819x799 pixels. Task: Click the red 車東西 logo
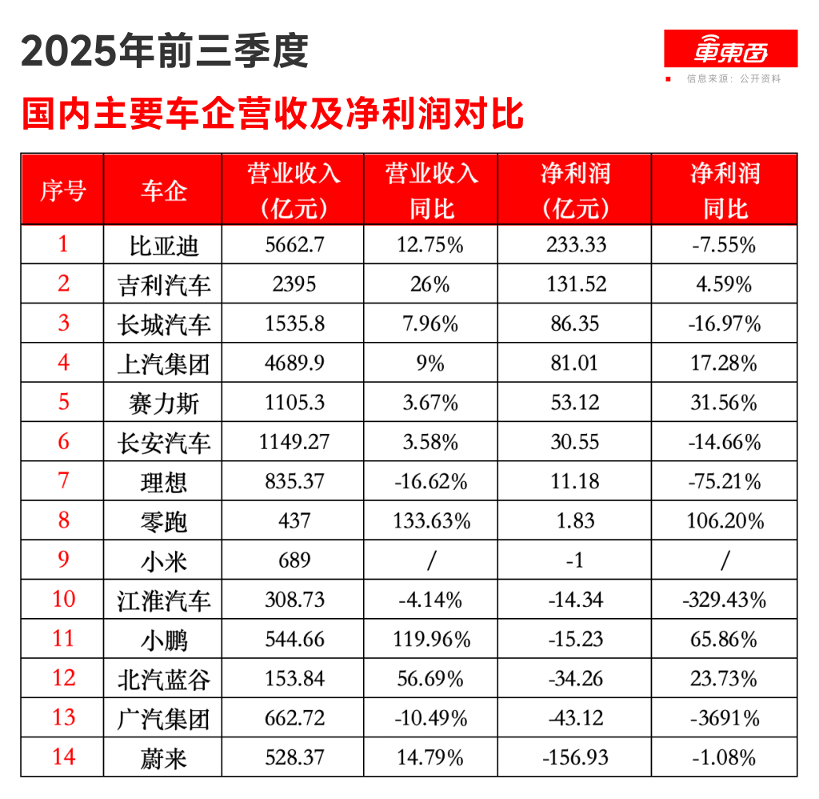click(730, 50)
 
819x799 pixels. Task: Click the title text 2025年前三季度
click(165, 52)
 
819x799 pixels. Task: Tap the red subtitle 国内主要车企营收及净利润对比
click(273, 114)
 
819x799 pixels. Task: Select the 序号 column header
click(62, 191)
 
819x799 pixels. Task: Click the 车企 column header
click(163, 191)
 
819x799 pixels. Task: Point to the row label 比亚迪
click(163, 245)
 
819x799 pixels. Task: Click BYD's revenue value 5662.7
click(294, 245)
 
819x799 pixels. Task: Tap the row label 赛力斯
click(163, 402)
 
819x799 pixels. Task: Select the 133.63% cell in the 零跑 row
click(431, 521)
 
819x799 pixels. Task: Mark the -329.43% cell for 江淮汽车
click(724, 600)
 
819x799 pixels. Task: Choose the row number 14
click(62, 757)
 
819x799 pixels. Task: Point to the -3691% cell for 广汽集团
click(724, 718)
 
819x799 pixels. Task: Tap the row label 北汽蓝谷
click(163, 679)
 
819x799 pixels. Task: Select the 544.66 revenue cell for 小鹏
click(294, 640)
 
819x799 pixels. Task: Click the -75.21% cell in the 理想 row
click(724, 482)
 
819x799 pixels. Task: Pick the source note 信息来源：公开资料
click(733, 79)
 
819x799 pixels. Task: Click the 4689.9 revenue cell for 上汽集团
click(294, 363)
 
